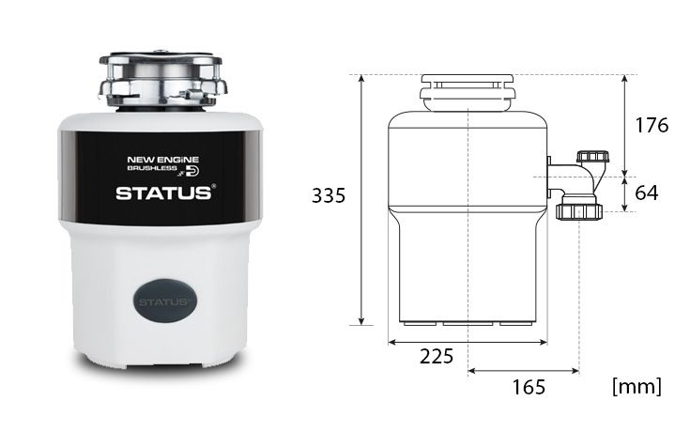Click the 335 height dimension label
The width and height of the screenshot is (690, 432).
tap(329, 195)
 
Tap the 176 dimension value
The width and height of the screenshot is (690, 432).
tap(652, 126)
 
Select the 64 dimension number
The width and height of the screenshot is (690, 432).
tap(647, 193)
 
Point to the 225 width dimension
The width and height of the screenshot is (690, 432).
tap(437, 356)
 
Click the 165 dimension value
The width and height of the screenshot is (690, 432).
tap(529, 387)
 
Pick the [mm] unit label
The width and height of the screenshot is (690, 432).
tap(636, 387)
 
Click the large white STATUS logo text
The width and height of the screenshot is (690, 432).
tap(163, 193)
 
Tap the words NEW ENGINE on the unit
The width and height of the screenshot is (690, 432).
tap(162, 160)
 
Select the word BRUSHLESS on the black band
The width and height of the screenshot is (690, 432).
tap(152, 168)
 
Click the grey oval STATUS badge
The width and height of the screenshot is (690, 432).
tap(165, 301)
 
